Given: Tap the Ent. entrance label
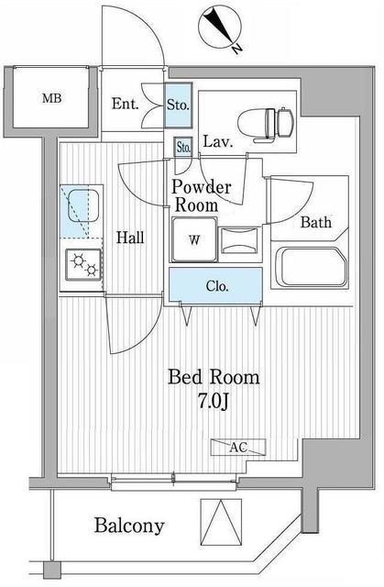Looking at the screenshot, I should pos(126,104).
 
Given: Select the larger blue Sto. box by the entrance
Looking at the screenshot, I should pos(178,104).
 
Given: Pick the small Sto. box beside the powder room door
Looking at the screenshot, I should pos(182,147).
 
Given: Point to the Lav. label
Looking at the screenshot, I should pos(216,142).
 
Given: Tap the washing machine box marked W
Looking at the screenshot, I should pos(194,241).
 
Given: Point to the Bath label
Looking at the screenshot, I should pos(315,221).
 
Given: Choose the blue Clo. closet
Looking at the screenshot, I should pos(218,286).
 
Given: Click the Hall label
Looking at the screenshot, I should pos(129,238).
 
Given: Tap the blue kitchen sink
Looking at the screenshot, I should pos(81,213).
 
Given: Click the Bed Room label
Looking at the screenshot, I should pos(213,378).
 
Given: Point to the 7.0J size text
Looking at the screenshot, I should pos(213,402).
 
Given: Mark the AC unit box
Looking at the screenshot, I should pos(237,447).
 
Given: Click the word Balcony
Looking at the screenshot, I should pos(129,526).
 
